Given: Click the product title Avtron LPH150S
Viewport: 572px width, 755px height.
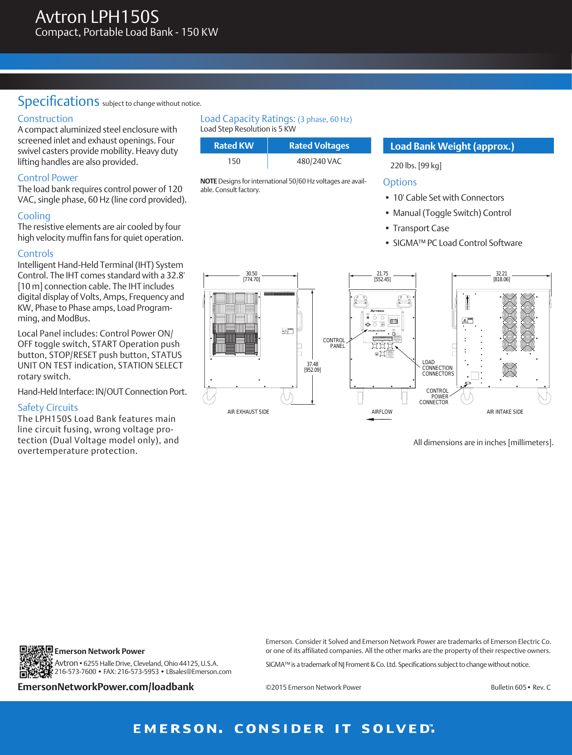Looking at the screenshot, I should click(x=97, y=17).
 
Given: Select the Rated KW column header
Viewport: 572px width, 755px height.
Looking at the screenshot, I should click(x=234, y=146).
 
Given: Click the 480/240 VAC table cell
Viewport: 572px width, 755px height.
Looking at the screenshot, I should click(x=319, y=162).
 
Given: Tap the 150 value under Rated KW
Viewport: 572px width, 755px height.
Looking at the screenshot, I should click(x=234, y=162).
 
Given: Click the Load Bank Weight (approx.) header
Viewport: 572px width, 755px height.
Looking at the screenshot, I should click(x=452, y=146).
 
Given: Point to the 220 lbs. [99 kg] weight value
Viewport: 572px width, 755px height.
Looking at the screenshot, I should click(x=416, y=165).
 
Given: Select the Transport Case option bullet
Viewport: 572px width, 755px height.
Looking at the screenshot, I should click(x=420, y=228).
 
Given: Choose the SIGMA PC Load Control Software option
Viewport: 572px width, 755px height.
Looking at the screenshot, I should click(x=457, y=243).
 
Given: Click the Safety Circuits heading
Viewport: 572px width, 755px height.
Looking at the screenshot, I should click(x=48, y=408).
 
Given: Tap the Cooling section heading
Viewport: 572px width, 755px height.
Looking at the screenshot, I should click(x=34, y=216).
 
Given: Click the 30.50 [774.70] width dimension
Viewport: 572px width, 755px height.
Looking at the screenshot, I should click(x=251, y=277).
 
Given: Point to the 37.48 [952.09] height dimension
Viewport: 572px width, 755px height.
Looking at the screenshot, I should click(x=312, y=367).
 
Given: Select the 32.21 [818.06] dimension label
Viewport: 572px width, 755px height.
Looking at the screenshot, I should click(x=501, y=277).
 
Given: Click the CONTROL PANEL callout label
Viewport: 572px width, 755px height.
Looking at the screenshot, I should click(x=334, y=343).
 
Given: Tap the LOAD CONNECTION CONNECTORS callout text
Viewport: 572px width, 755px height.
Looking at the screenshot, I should click(x=438, y=368).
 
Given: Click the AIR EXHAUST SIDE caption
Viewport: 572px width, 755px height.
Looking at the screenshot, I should click(x=248, y=412).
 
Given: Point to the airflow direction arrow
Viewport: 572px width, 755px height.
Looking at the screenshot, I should click(x=379, y=419).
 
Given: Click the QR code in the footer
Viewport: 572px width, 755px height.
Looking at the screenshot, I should click(x=36, y=662).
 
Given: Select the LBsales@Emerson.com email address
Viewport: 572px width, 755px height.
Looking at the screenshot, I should click(x=198, y=672).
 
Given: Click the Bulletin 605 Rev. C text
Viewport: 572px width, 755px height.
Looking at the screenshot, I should click(x=521, y=687).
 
